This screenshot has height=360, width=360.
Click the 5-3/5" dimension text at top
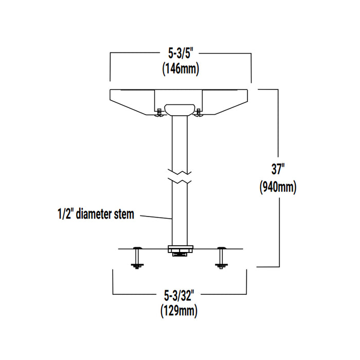pos(180,53)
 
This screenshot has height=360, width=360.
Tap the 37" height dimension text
pos(278,169)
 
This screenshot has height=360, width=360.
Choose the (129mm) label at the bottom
pos(179,311)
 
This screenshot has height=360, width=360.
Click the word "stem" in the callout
pos(123,214)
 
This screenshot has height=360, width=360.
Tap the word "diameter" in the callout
pos(93,214)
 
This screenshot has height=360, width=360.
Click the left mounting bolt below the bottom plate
pos(137,258)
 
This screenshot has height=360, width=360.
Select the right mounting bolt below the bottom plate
pos(221,258)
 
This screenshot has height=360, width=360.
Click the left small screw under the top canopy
pos(159,112)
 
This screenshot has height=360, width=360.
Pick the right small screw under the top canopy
pos(199,112)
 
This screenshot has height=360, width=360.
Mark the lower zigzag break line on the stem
pos(179,182)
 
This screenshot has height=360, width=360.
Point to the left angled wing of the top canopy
pos(131,103)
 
